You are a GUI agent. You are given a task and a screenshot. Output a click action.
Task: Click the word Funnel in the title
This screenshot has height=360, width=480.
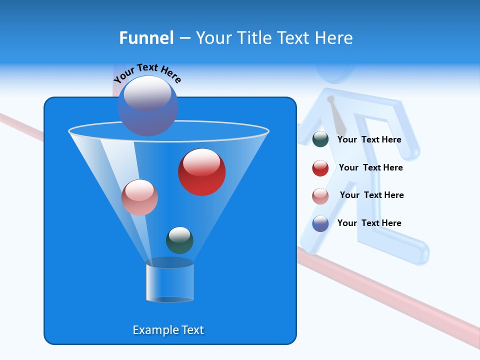coord(146,38)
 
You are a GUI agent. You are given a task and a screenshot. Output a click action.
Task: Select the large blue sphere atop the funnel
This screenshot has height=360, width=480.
coord(147,105)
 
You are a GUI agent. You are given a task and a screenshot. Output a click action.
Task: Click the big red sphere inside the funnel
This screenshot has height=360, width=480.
coord(201,172)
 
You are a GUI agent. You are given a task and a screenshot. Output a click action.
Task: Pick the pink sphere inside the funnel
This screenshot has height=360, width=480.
coord(139,197)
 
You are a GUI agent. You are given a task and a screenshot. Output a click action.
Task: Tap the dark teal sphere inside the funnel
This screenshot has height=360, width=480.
coord(179,240)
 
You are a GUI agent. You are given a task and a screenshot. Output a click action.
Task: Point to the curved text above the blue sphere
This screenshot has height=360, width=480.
coord(147,73)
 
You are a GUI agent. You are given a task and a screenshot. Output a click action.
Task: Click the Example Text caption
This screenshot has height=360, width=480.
coord(168,330)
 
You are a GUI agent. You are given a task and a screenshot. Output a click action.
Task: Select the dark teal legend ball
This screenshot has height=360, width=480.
coord(320,139)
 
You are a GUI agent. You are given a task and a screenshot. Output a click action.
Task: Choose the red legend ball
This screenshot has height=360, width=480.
coord(320,168)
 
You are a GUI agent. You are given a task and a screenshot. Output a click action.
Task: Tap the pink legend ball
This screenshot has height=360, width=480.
coord(320,196)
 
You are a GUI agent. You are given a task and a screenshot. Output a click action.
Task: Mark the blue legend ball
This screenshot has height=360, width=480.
coord(320,223)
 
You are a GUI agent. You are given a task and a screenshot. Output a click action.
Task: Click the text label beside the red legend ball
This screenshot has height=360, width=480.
coord(370,167)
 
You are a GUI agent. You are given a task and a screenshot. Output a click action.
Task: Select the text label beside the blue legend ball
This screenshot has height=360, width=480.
coord(369,223)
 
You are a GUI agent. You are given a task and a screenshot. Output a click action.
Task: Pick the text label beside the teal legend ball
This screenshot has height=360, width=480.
coord(369,139)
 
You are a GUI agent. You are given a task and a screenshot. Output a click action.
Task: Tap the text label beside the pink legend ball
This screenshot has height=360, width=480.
coord(371,195)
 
